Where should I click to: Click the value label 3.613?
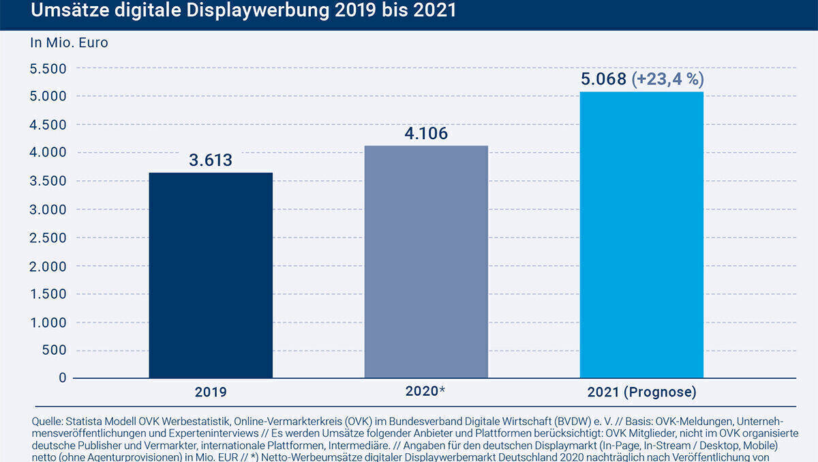tap(211, 161)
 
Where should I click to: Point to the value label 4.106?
tap(426, 134)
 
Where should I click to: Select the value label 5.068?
tap(603, 79)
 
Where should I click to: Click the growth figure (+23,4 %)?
tap(668, 79)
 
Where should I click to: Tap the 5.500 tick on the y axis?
tap(48, 68)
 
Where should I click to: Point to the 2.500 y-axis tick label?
tap(48, 237)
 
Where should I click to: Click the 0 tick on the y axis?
tap(63, 378)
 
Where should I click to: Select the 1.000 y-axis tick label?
tap(48, 322)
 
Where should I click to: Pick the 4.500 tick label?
tap(48, 125)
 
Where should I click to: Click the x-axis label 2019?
tap(210, 393)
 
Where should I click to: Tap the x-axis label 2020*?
tap(425, 392)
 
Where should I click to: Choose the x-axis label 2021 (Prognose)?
tap(641, 393)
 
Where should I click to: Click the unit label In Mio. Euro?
tap(69, 42)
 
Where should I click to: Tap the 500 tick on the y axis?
tap(54, 350)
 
